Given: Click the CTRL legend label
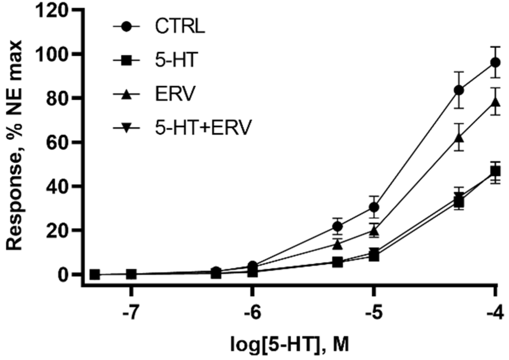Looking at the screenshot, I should click(180, 27).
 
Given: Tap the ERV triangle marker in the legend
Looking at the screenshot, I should click(126, 94).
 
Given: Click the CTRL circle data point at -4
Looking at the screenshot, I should click(495, 63).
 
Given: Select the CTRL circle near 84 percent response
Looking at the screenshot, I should click(459, 90).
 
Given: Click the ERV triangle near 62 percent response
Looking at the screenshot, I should click(459, 138).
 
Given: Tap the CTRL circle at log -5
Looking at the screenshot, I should click(374, 207).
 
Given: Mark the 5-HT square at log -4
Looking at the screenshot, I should click(495, 172).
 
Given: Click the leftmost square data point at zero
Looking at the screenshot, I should click(95, 274).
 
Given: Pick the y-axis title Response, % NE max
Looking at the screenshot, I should click(15, 146).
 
